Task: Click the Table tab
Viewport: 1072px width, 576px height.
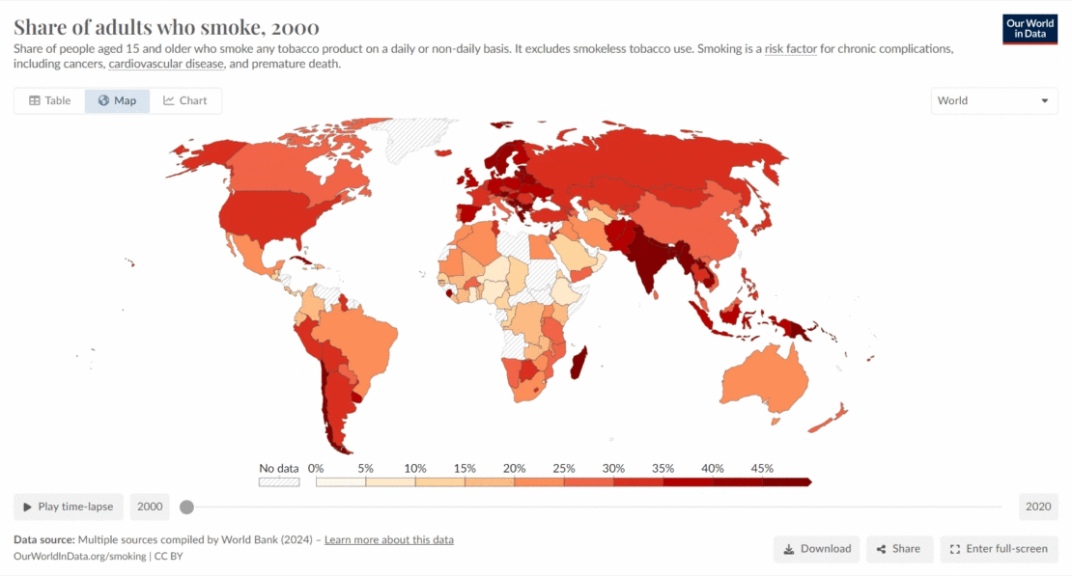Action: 49,100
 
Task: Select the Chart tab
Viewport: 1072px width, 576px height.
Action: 185,100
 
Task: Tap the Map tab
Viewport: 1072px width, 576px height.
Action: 117,100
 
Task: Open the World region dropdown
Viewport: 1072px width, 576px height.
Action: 994,100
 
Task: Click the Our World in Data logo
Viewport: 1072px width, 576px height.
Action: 1030,29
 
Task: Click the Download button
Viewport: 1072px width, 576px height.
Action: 817,549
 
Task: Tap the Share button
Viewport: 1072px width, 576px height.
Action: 899,549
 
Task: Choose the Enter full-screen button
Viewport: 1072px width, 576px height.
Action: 999,549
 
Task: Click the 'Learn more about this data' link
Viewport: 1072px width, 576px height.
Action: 388,539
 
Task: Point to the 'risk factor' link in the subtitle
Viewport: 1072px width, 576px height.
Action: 790,48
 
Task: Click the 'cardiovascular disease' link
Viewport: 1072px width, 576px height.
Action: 166,64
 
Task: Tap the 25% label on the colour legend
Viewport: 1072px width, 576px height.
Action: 564,468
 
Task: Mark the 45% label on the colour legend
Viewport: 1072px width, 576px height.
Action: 762,468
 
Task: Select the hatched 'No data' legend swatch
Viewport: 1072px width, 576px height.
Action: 278,480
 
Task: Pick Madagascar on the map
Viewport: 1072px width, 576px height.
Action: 578,366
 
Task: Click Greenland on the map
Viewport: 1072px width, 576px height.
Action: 416,139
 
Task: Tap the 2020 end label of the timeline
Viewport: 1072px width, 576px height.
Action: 1038,507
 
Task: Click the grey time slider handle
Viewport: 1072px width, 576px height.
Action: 186,507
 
